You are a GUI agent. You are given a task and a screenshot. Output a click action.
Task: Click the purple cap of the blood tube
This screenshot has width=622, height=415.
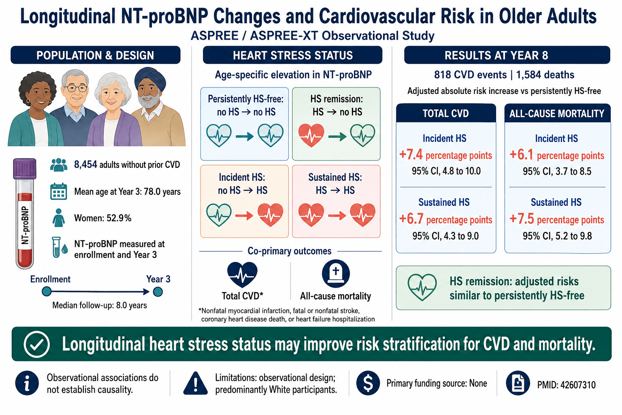coord(25,169)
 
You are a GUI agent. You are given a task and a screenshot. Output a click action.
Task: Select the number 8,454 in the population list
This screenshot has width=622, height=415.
coord(85,165)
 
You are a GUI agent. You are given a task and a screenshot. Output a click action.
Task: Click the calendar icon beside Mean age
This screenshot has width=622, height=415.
coord(59,191)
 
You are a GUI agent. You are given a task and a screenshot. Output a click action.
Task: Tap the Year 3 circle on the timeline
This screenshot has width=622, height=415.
coord(158,292)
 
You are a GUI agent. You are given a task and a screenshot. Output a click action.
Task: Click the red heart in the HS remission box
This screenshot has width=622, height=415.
coord(311,135)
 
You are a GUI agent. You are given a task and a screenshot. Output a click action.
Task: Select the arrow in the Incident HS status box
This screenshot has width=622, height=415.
coord(244,216)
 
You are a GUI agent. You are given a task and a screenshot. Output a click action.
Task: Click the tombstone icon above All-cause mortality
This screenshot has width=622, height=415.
coord(336,274)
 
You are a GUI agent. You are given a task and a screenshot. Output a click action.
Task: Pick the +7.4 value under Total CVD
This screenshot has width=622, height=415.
coord(411,154)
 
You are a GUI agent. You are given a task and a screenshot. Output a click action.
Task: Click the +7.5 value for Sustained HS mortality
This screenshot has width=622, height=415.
coord(522,219)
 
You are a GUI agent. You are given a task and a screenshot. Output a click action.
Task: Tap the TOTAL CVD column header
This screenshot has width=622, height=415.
coord(446,113)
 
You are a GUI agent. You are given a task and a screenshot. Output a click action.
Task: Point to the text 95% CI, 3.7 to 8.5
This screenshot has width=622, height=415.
coord(557,171)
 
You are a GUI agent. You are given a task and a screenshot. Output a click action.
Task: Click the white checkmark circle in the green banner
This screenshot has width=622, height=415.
coord(37,344)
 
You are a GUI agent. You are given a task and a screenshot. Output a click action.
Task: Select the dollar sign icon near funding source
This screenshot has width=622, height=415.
coord(368,383)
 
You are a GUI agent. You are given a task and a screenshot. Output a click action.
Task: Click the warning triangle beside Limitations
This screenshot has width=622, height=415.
coord(196,383)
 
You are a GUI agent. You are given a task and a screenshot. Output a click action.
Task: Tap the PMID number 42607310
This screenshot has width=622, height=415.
coord(578,385)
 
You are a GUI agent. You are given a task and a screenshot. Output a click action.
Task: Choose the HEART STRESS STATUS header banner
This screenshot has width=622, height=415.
coord(293,55)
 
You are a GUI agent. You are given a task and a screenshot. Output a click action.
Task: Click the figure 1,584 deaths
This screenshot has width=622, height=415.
coord(545,75)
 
